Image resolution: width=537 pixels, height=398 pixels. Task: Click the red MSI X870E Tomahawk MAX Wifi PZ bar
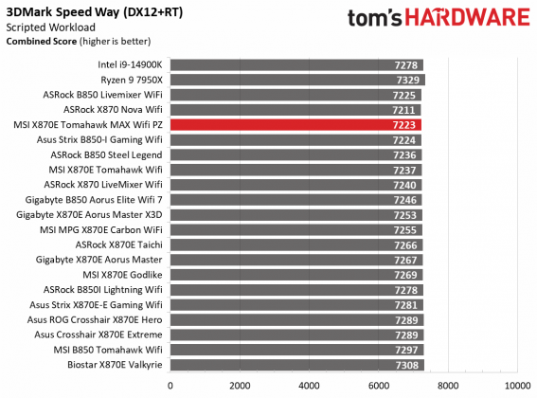[x=295, y=124]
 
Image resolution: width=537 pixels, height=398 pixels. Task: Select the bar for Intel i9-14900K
[x=296, y=64]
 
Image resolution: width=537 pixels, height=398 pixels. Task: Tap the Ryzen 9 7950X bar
[x=297, y=80]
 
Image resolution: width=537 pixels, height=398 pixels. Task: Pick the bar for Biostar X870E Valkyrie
[x=297, y=365]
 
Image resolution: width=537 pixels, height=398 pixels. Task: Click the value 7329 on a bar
[x=408, y=80]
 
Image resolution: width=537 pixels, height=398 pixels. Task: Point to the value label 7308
[x=407, y=365]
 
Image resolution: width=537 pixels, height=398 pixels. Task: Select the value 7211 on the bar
[x=404, y=110]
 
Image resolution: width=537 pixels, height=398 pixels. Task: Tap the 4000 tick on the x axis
[x=309, y=386]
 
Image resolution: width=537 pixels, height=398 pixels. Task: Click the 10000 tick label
[x=516, y=386]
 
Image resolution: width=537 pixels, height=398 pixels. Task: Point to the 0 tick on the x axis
[x=170, y=386]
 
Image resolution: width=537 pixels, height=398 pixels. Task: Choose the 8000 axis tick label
[x=447, y=386]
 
